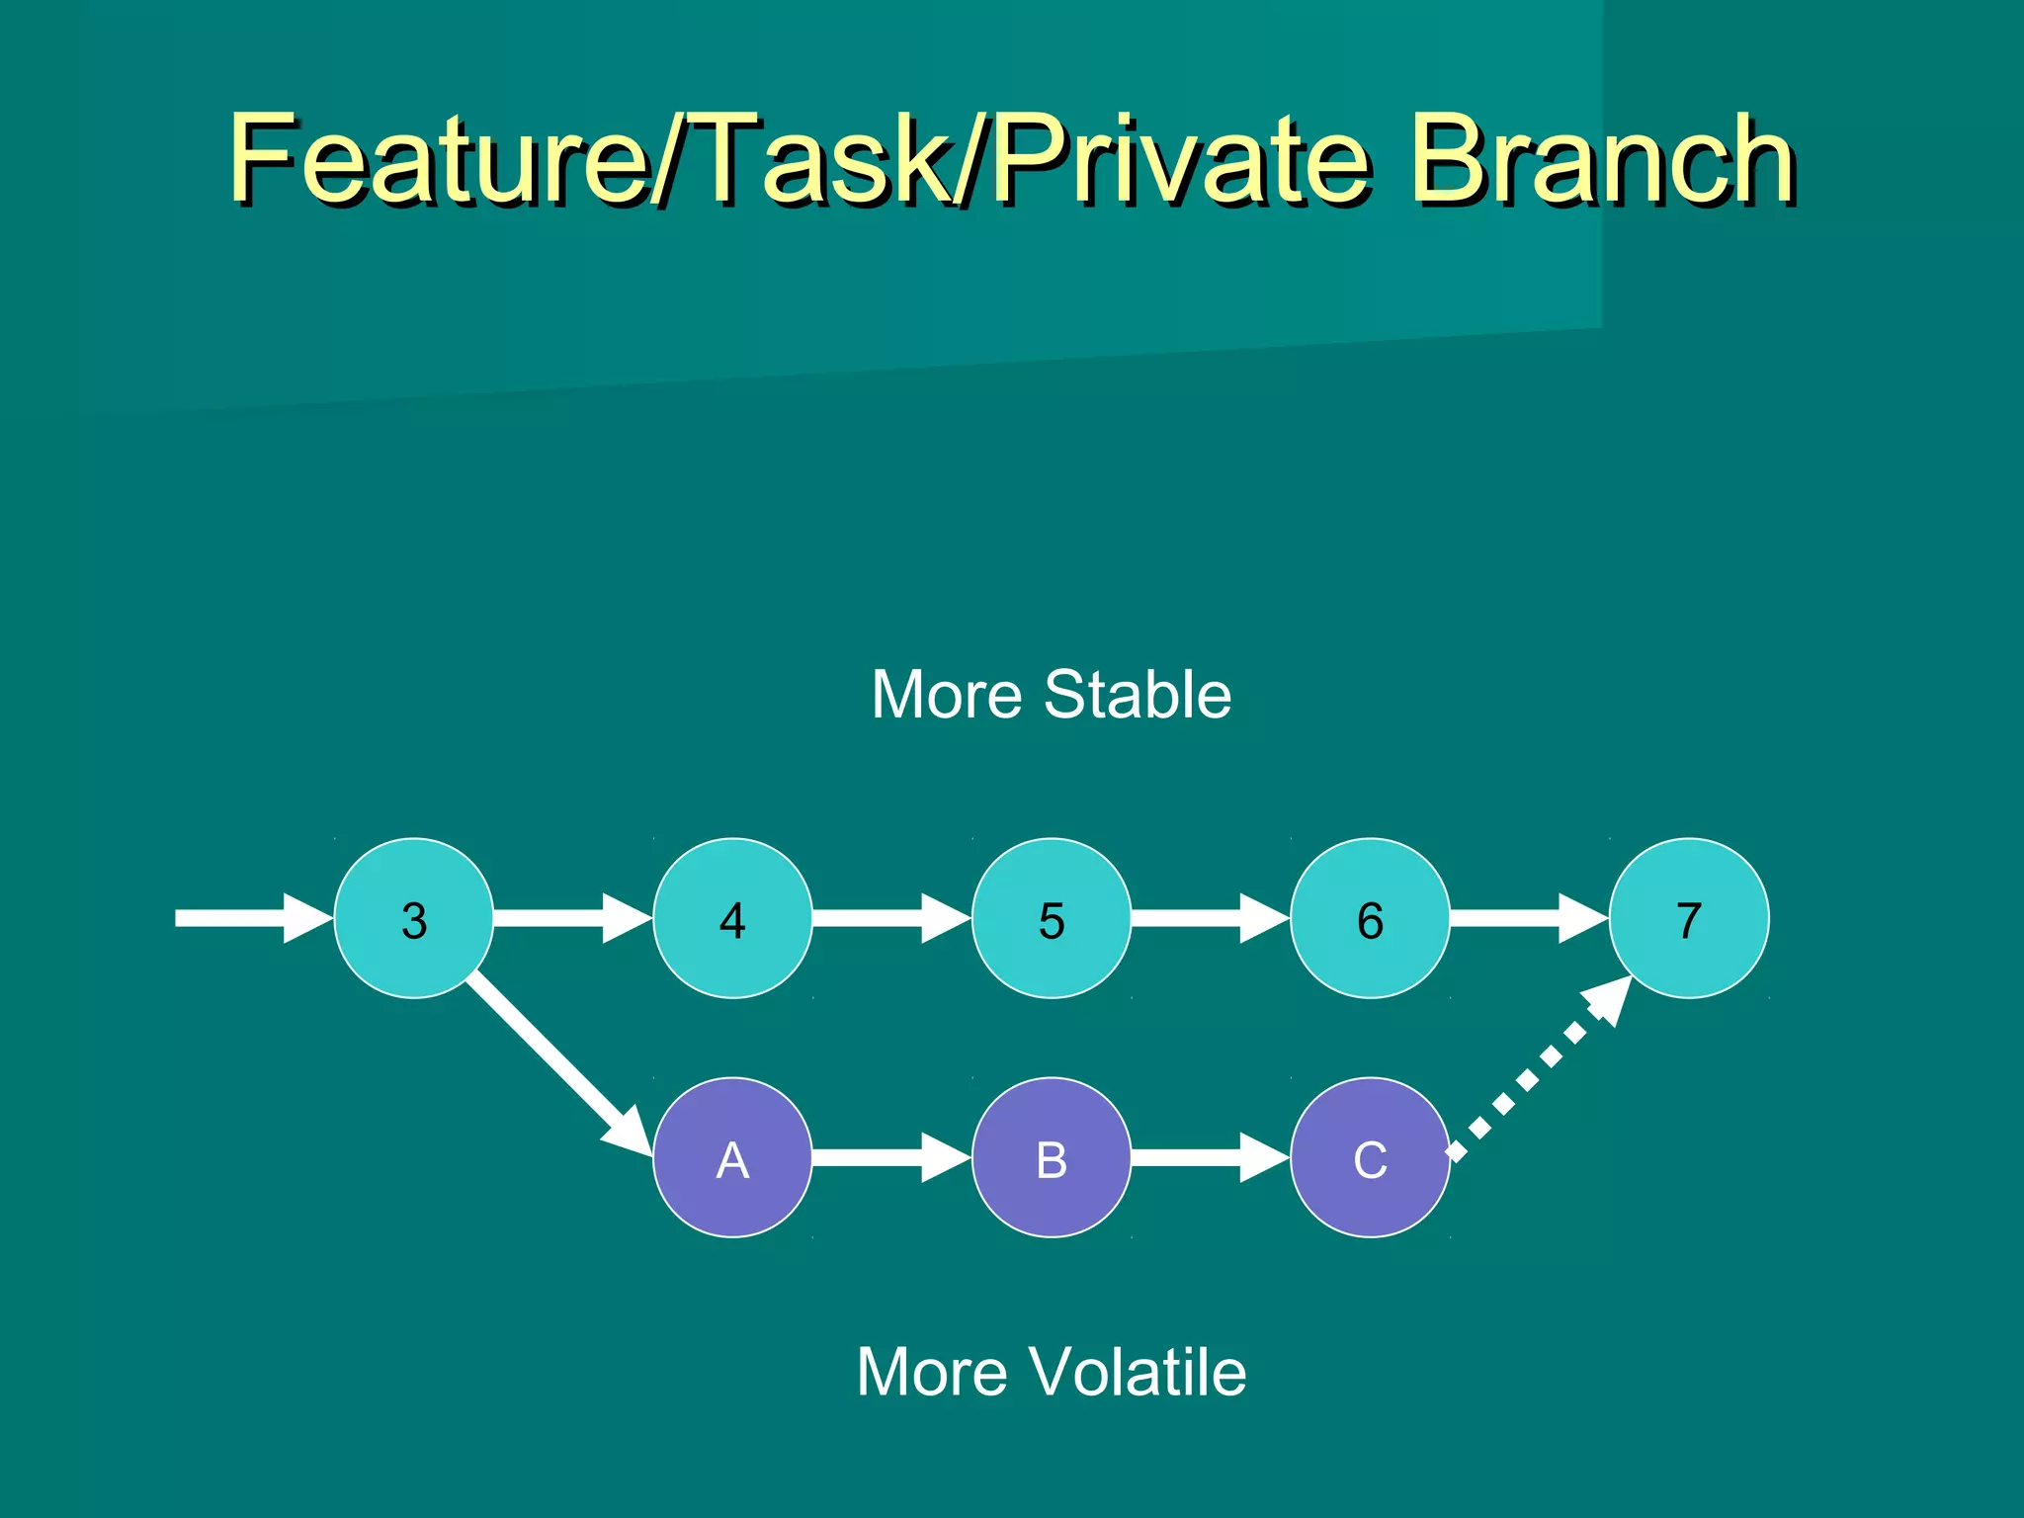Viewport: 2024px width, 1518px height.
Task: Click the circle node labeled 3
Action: pos(413,918)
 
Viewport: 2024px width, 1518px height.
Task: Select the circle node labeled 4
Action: pos(732,918)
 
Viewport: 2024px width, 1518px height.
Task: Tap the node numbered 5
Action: pos(1052,918)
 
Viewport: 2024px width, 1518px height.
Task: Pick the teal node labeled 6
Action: pos(1370,918)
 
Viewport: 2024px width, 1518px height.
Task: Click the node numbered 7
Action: pos(1689,918)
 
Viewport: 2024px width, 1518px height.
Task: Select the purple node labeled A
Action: pos(732,1157)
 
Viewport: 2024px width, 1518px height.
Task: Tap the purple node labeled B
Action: pos(1052,1157)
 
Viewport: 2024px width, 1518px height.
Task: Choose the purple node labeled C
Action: pos(1370,1157)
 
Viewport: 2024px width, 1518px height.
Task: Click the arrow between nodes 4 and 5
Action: pos(889,918)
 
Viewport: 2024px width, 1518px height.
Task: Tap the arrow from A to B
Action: pos(889,1157)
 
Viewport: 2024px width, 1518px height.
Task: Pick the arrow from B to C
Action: pos(1209,1157)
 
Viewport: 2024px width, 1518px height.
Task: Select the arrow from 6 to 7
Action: pos(1527,918)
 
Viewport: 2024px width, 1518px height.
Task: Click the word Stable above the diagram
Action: pos(1138,695)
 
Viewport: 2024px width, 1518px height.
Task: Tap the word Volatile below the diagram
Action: pos(1138,1372)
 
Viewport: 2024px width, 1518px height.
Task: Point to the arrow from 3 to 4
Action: pos(571,918)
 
